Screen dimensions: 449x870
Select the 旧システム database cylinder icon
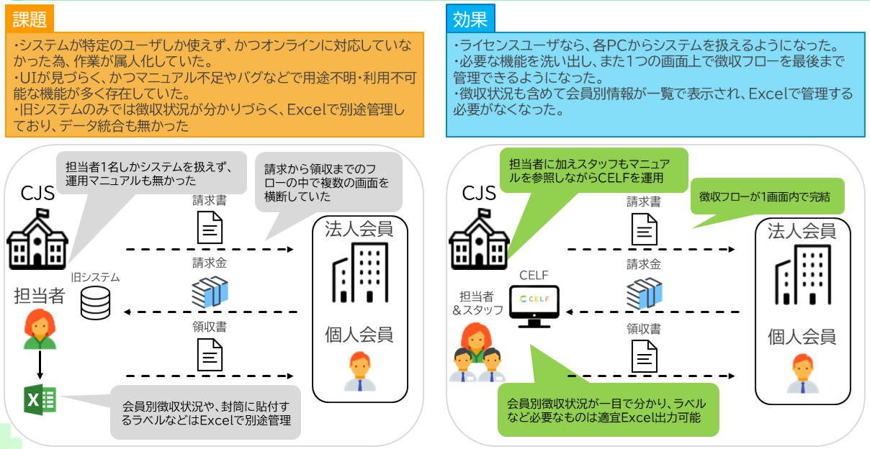(x=95, y=302)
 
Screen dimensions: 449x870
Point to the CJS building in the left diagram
(x=37, y=237)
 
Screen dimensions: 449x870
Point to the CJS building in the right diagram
(x=479, y=238)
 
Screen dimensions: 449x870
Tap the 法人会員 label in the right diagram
(x=802, y=231)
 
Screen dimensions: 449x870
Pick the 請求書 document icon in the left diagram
(x=210, y=227)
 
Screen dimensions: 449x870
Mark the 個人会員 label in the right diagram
(x=802, y=336)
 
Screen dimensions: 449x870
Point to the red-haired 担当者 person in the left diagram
(x=40, y=330)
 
